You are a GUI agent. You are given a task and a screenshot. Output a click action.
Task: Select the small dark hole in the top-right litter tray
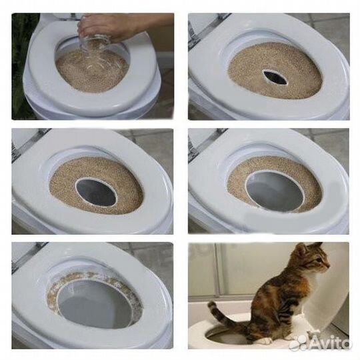click(274, 77)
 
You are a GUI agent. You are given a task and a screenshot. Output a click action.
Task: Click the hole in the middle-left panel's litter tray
click(96, 193)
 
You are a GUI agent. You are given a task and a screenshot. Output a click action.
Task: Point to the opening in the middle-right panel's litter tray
click(274, 191)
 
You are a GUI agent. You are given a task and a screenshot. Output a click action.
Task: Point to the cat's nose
click(327, 269)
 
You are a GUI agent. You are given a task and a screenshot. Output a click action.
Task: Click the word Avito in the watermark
click(331, 343)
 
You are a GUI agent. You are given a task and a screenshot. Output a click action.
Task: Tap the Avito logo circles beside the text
click(299, 343)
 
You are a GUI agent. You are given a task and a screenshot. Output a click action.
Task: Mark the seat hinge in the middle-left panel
click(17, 147)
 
